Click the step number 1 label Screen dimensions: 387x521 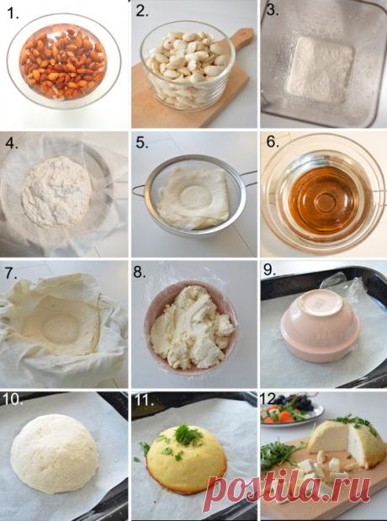click(13, 13)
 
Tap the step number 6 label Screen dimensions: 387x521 click(273, 142)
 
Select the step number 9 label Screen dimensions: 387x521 click(270, 270)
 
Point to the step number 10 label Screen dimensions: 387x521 click(13, 400)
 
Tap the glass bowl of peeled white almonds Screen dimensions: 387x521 click(188, 66)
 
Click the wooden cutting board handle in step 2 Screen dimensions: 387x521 click(241, 38)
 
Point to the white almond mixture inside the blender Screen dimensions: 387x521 click(321, 70)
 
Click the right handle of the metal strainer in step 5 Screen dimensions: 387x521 click(248, 178)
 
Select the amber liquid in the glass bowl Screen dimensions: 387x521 click(325, 200)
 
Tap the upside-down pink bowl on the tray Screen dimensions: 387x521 click(321, 325)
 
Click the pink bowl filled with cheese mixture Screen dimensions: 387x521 click(191, 328)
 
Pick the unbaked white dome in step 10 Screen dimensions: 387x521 click(55, 453)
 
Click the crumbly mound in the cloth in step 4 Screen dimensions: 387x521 click(56, 192)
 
